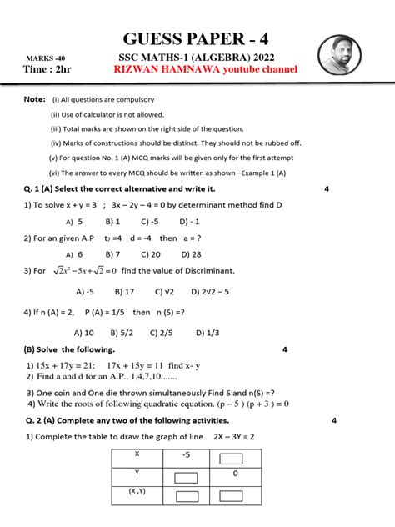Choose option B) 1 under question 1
[x=112, y=222]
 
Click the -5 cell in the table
[x=186, y=455]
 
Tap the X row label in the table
[x=136, y=454]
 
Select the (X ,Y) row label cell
[x=137, y=493]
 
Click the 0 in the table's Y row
[x=235, y=474]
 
